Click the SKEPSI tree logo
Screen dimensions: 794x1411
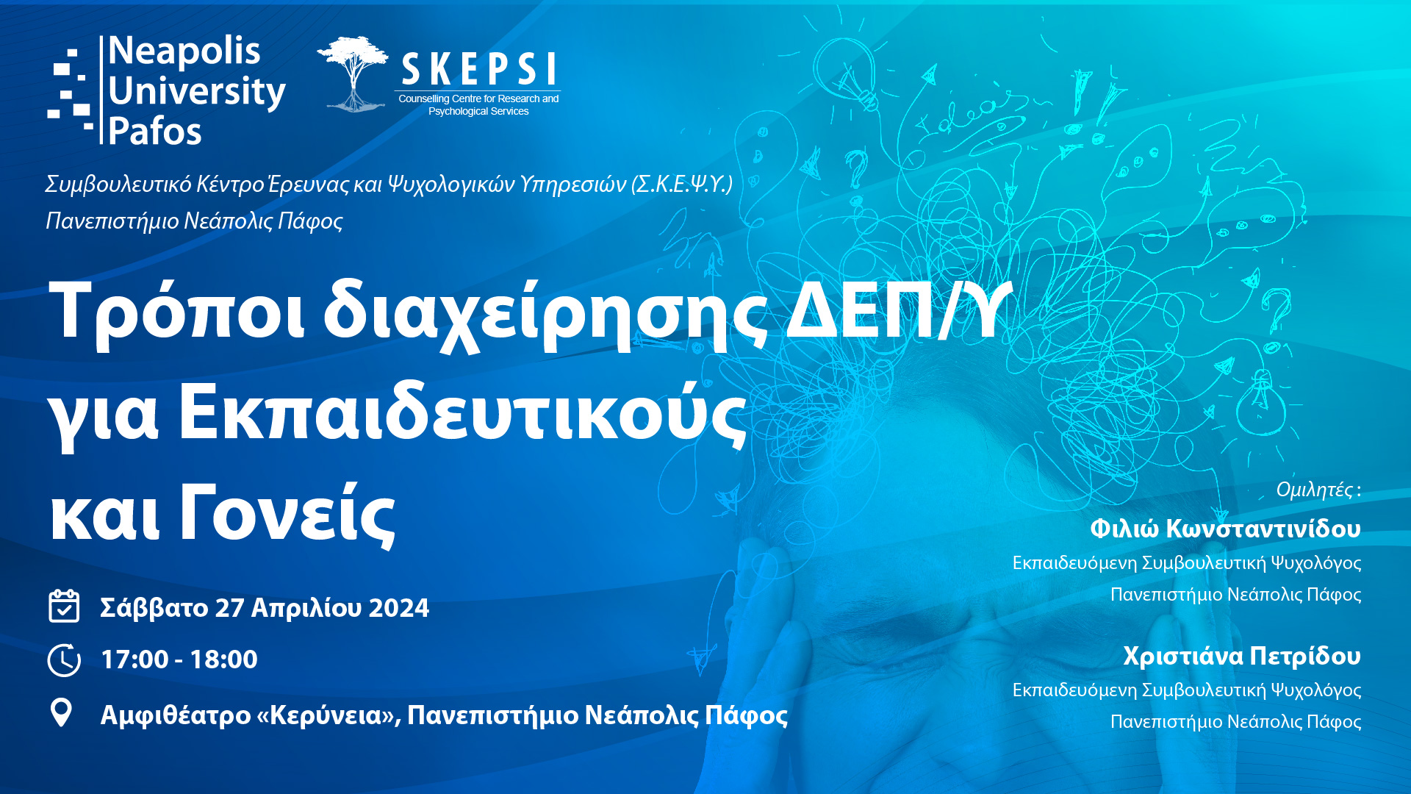click(x=353, y=74)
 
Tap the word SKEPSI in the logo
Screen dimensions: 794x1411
click(x=478, y=71)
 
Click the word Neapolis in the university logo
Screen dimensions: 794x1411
click(x=184, y=51)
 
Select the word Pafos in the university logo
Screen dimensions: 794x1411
click(x=154, y=132)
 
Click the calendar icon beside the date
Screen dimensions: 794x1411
click(x=64, y=607)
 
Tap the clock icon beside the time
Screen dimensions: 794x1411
click(x=64, y=659)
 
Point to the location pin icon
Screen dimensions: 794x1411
click(x=61, y=712)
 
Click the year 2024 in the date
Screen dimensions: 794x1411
click(x=398, y=608)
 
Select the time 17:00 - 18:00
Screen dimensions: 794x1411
click(x=179, y=659)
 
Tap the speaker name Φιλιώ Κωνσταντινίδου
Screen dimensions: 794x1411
click(x=1225, y=529)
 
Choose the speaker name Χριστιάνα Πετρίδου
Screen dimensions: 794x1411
click(x=1241, y=656)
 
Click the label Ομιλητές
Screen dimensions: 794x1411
click(x=1315, y=490)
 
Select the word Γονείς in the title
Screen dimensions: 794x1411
click(x=287, y=515)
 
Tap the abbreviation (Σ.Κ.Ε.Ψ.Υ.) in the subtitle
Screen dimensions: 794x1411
click(x=682, y=184)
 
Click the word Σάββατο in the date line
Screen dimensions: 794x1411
click(x=154, y=608)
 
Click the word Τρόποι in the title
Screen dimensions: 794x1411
click(x=176, y=310)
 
